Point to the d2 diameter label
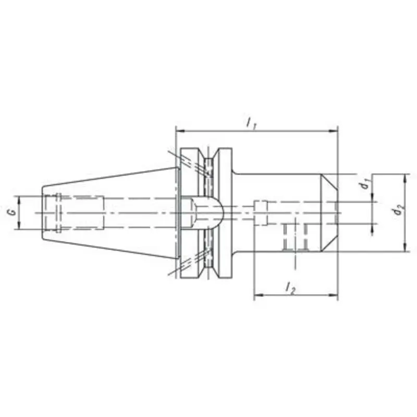pyautogui.click(x=399, y=211)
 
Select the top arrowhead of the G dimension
pyautogui.click(x=19, y=199)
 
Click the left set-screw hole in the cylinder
pyautogui.click(x=288, y=237)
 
